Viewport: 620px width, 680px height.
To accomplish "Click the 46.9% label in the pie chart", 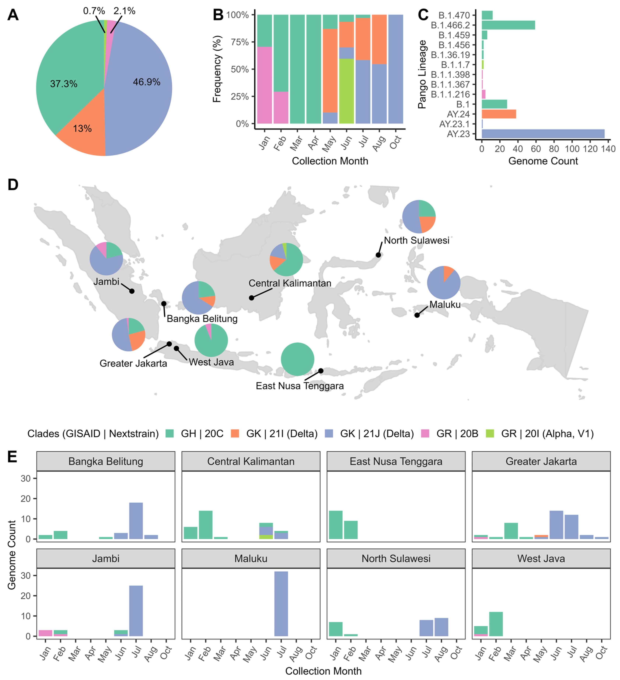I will (146, 82).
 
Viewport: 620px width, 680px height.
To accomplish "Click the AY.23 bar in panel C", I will (543, 134).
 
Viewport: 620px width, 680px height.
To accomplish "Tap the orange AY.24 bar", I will (498, 114).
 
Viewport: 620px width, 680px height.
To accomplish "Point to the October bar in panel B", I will (395, 69).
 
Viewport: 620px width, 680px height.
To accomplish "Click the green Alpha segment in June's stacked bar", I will (346, 91).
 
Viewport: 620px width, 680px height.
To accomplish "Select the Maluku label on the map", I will (445, 305).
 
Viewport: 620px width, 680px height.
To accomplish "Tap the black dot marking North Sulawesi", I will (378, 255).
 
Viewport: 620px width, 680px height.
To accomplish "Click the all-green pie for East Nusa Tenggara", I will (297, 359).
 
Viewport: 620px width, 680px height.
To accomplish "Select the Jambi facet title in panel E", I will (106, 559).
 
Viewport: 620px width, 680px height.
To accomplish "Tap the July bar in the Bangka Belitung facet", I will (136, 521).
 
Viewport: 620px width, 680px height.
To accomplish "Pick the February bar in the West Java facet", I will (496, 624).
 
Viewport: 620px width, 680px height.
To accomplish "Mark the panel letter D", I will (13, 185).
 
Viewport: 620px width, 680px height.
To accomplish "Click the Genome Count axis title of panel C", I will (543, 161).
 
